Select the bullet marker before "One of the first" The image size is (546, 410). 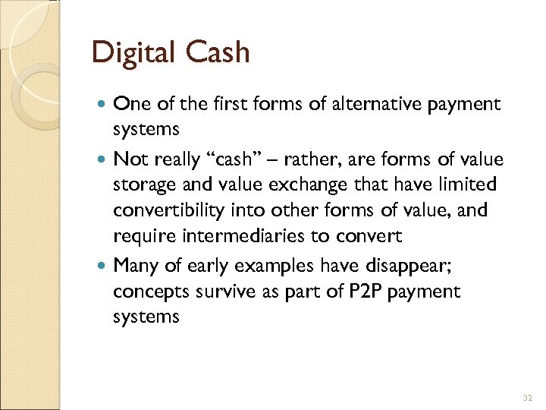pyautogui.click(x=103, y=105)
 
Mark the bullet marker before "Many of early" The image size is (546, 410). pyautogui.click(x=103, y=266)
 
